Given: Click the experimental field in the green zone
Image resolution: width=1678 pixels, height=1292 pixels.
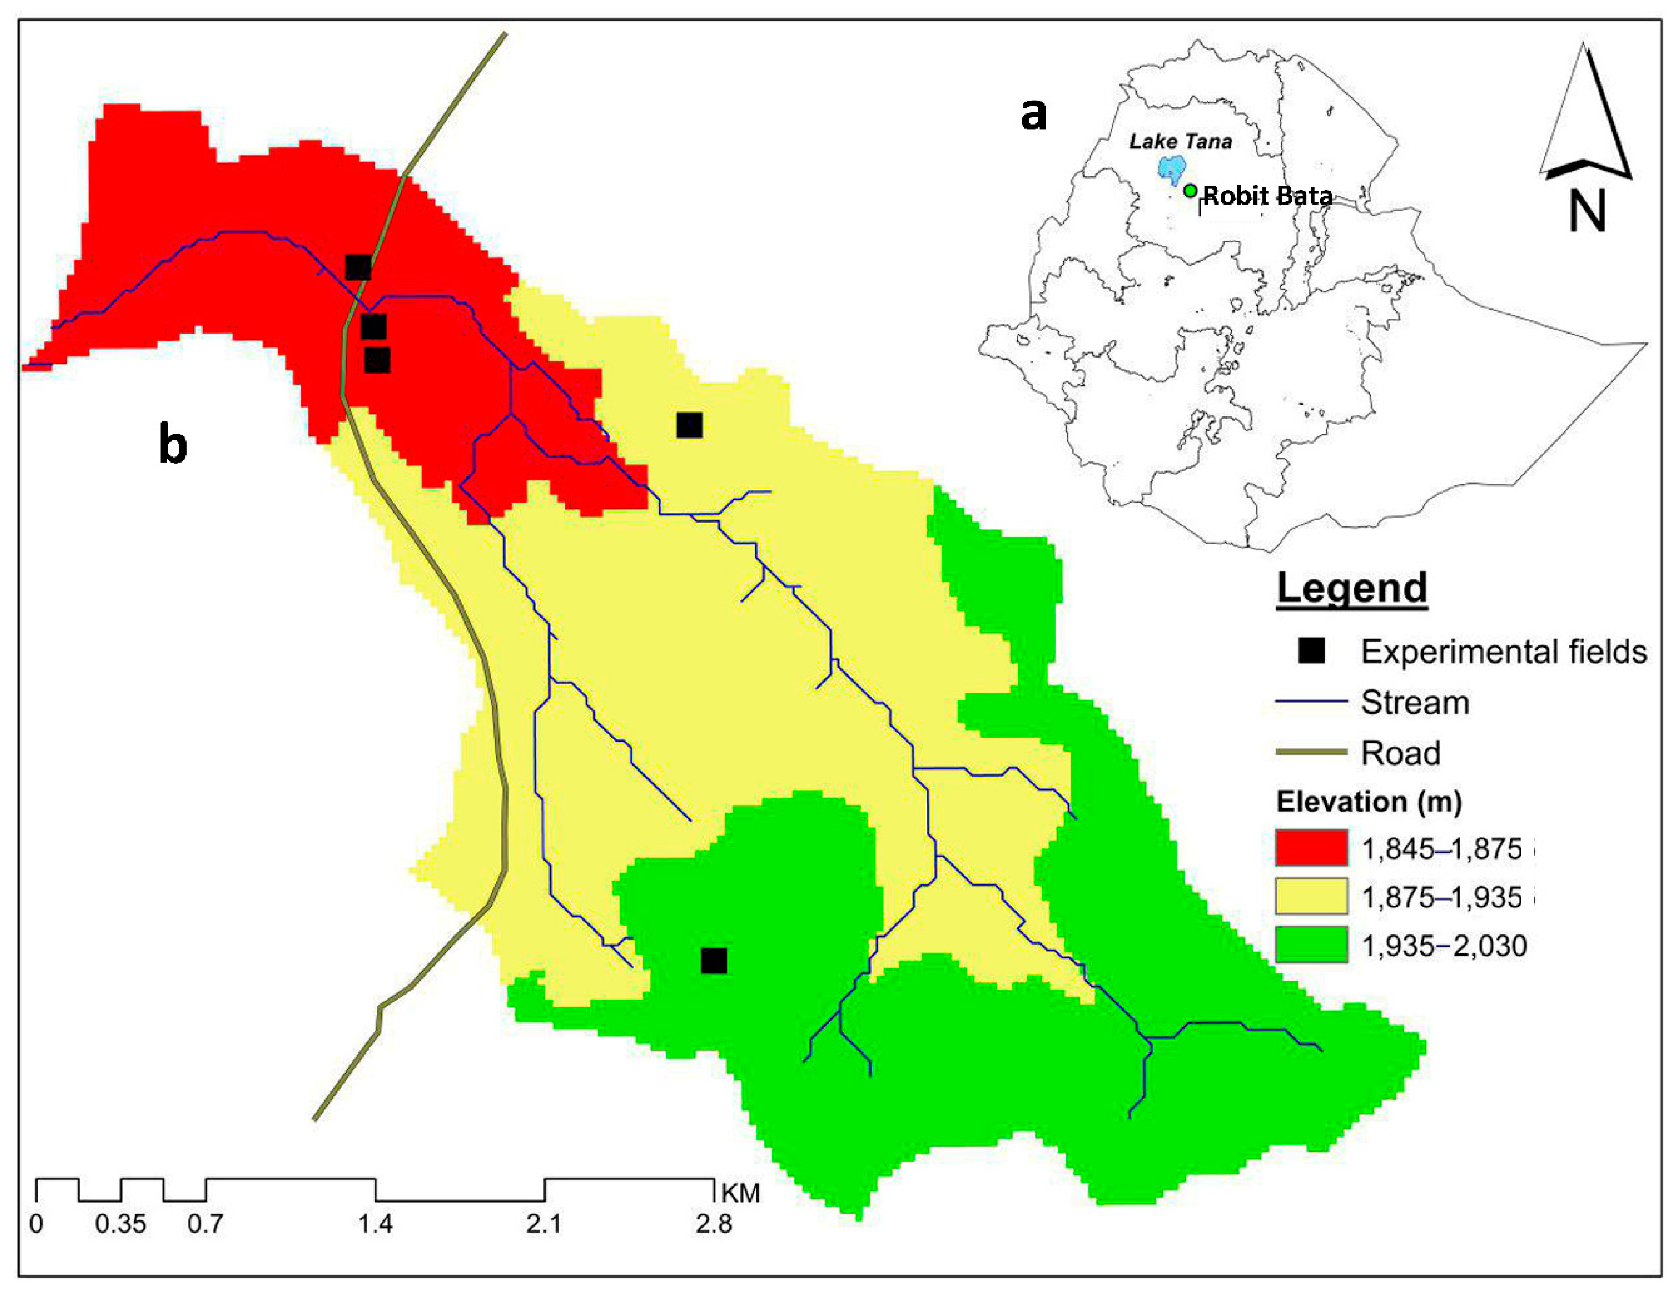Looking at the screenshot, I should click(x=714, y=961).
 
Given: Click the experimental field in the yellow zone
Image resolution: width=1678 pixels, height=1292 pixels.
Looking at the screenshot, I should click(x=689, y=425).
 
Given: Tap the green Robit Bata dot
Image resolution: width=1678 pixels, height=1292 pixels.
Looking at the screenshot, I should click(x=1190, y=190).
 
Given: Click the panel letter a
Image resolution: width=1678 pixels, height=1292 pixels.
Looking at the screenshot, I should click(x=1034, y=115).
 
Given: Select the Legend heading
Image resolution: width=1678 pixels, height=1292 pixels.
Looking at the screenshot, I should click(x=1352, y=589).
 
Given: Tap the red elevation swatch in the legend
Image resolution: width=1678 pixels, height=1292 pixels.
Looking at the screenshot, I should click(x=1312, y=848).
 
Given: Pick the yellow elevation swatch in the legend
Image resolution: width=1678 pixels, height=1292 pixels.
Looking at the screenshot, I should click(x=1312, y=896).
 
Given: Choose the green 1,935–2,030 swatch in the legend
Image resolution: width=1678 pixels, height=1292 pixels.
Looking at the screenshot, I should click(x=1312, y=945).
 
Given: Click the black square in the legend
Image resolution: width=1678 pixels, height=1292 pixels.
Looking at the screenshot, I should click(x=1312, y=652).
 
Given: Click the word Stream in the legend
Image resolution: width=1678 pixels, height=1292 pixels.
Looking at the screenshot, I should click(x=1415, y=703).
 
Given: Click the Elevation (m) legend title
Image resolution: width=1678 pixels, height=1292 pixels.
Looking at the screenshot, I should click(x=1368, y=802).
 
